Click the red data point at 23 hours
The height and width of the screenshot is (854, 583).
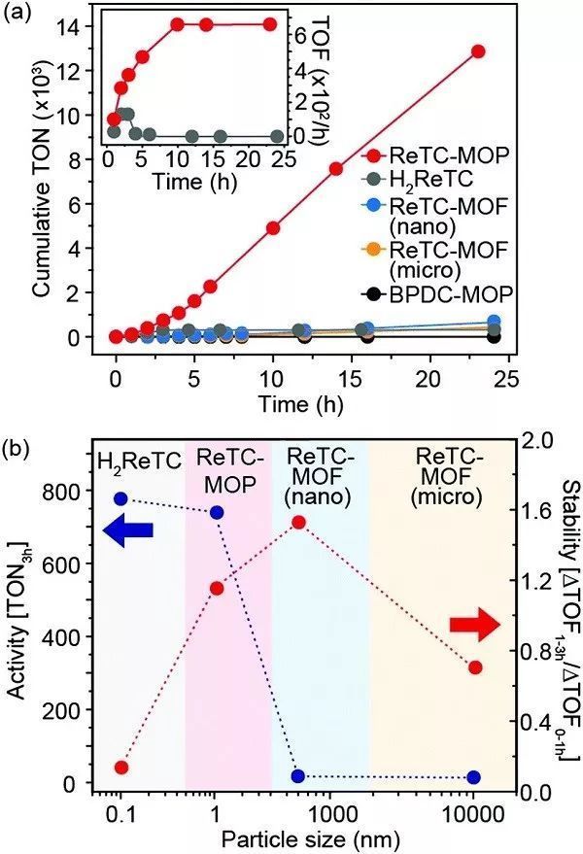[477, 51]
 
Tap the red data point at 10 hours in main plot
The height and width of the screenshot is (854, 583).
[273, 227]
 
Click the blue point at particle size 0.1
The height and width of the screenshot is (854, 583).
[120, 498]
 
